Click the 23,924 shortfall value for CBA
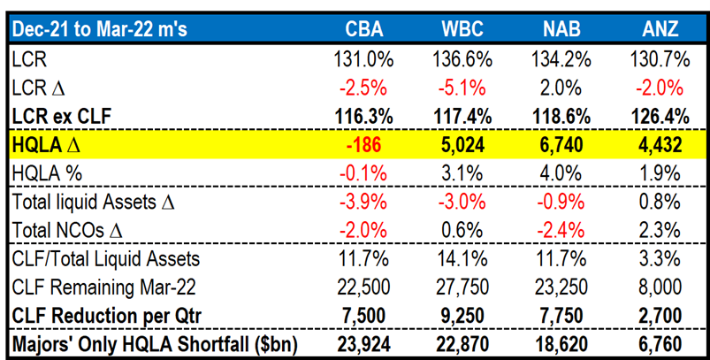[363, 341]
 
